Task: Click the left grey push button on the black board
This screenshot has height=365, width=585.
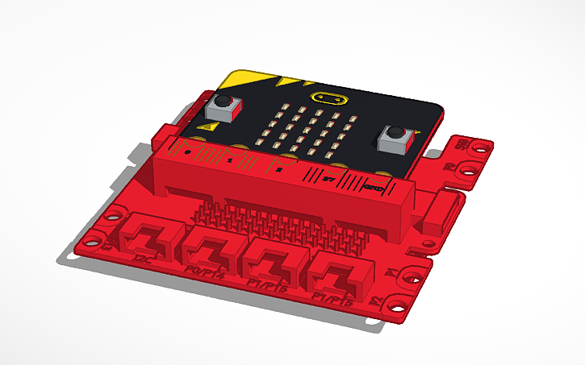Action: point(223,105)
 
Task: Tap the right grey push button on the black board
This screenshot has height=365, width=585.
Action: point(395,138)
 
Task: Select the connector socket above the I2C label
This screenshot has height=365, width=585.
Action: point(147,234)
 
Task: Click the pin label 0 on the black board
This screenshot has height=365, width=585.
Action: point(188,151)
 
